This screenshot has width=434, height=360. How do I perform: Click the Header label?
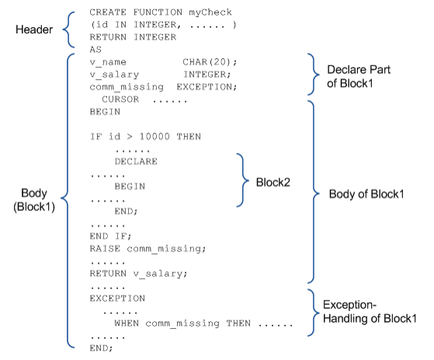(34, 29)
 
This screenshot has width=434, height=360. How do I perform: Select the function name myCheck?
(210, 12)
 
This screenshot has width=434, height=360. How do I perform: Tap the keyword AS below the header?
(95, 50)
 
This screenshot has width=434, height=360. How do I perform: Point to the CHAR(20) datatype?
(210, 62)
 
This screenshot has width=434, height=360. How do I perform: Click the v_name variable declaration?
(108, 63)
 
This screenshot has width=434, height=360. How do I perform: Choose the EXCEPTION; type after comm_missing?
(207, 87)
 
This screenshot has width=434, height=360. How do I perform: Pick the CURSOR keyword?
(120, 99)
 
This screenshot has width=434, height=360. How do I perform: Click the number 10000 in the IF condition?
(155, 137)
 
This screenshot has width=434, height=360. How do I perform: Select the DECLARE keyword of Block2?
(136, 161)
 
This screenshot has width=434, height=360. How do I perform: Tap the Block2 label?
(273, 182)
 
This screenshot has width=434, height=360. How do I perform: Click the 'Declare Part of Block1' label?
(359, 76)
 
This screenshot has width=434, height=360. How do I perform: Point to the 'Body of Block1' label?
(366, 194)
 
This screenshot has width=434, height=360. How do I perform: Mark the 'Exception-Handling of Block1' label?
(370, 312)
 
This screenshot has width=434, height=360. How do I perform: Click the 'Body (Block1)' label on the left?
(34, 199)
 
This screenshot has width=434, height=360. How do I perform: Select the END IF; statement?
(110, 236)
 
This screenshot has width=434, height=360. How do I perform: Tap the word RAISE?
(105, 248)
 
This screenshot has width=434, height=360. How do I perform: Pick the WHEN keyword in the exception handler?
(127, 324)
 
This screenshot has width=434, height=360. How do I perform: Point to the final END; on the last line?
(101, 348)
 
